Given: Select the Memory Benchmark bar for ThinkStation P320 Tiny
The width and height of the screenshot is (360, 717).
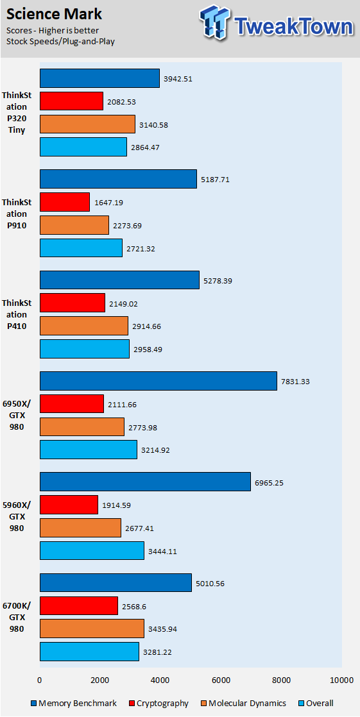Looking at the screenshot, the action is (x=99, y=78).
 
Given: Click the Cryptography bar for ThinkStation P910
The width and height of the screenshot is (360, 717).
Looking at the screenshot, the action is (x=65, y=202).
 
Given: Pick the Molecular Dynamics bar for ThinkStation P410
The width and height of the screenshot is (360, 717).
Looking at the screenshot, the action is (x=84, y=326).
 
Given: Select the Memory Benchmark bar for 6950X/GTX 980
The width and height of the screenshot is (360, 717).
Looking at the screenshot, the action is (x=159, y=381).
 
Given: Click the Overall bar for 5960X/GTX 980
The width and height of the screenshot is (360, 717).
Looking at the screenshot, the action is (x=92, y=551).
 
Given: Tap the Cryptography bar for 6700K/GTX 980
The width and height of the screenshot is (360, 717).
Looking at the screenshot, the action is (x=79, y=606).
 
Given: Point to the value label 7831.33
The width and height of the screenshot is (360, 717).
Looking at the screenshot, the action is (x=295, y=381).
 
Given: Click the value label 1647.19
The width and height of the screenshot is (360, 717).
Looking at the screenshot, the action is (x=108, y=202).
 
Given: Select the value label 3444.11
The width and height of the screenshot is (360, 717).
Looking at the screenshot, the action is (x=163, y=552).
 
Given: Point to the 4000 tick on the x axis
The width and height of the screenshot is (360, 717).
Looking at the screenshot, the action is (x=160, y=680).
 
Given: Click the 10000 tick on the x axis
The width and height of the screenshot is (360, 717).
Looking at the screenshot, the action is (x=341, y=680).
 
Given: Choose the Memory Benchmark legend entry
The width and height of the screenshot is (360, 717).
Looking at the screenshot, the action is (x=73, y=703).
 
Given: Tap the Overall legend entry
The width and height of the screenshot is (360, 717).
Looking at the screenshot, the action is (x=316, y=703).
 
